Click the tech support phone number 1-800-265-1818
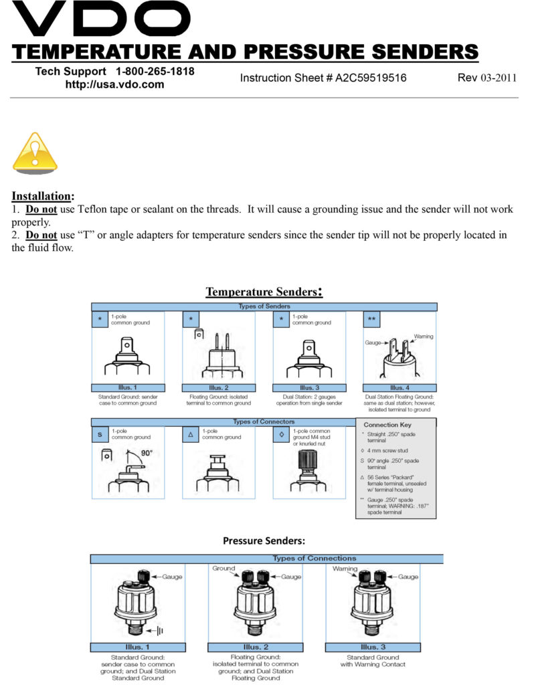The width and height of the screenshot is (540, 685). click(x=155, y=72)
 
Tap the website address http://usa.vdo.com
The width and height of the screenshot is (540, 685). click(x=114, y=85)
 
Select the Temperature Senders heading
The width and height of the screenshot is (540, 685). click(x=264, y=292)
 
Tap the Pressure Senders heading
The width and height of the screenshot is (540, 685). click(x=264, y=541)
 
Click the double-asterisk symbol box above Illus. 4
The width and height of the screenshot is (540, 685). click(x=371, y=320)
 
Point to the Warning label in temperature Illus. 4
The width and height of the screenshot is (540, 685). click(x=423, y=336)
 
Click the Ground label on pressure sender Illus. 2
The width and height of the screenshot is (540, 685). click(x=223, y=568)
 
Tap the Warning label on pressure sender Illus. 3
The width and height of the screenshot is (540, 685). click(x=345, y=568)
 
